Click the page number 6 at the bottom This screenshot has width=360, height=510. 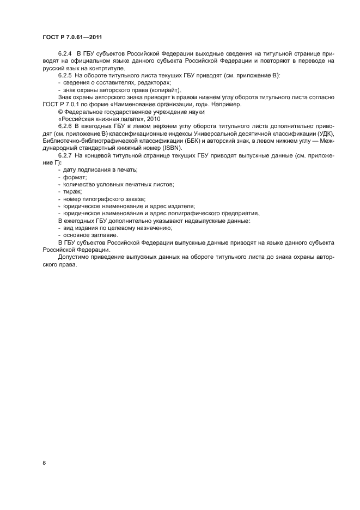[44, 463]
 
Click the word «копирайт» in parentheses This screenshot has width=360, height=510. [164, 90]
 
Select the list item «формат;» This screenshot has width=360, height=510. [75, 178]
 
